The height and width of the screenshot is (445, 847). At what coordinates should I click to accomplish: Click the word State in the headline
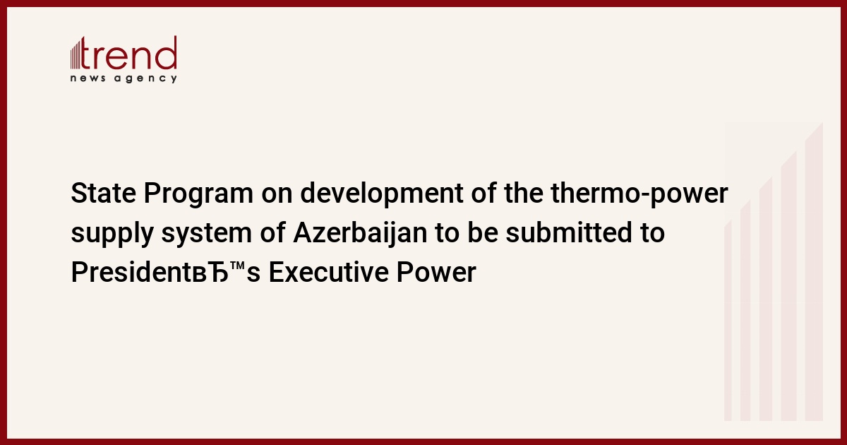coord(103,194)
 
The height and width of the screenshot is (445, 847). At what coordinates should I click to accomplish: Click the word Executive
coord(329,272)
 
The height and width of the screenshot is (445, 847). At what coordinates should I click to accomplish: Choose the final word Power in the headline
coord(436,272)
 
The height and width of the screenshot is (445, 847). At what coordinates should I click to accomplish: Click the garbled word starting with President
coord(166,272)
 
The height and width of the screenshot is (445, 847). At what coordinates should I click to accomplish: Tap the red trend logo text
coord(128,53)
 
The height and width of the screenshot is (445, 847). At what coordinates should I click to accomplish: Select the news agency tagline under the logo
coord(124,78)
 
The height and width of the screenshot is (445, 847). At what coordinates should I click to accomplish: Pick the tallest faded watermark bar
coord(814,271)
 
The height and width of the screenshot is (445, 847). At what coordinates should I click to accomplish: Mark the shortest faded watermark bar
coord(728,321)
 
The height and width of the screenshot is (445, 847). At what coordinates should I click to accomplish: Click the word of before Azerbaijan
coord(272,232)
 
